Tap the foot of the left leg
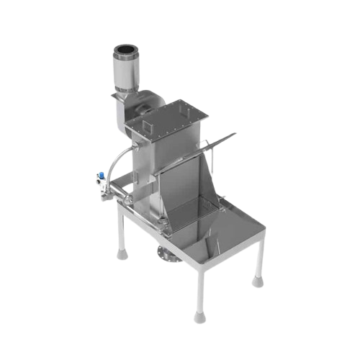point(122,253)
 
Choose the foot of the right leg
point(257,280)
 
